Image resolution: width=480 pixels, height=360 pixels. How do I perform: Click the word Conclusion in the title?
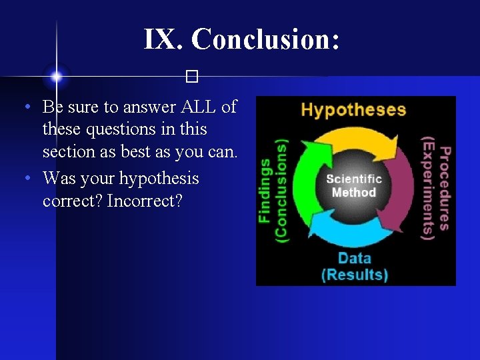(x=265, y=39)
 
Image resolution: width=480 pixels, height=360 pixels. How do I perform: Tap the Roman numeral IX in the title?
(x=163, y=39)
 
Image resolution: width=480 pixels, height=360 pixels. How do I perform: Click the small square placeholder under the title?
(x=193, y=77)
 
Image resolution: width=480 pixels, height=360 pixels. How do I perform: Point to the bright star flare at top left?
(x=57, y=77)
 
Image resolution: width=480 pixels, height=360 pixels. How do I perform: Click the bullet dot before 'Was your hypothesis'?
(x=25, y=179)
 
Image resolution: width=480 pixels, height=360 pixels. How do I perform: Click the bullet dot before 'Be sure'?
(x=25, y=107)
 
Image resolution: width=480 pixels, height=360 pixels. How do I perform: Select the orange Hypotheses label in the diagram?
(x=353, y=109)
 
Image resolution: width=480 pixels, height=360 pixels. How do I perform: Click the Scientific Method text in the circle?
(x=354, y=185)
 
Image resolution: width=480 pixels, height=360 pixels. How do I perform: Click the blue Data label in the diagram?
(x=354, y=257)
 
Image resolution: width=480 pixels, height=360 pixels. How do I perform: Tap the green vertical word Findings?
(x=265, y=190)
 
